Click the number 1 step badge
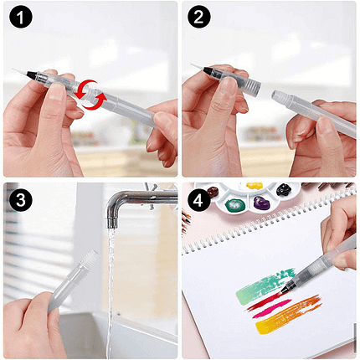21,17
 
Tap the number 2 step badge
198,17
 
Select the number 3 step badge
21,200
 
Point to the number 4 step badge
198,200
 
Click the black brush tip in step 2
208,70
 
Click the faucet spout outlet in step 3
112,223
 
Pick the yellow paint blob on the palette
255,186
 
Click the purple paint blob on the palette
261,203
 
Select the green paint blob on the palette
235,205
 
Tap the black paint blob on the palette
284,189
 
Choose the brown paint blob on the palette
213,192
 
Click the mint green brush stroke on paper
265,285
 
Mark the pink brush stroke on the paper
272,308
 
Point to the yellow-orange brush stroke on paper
288,315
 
